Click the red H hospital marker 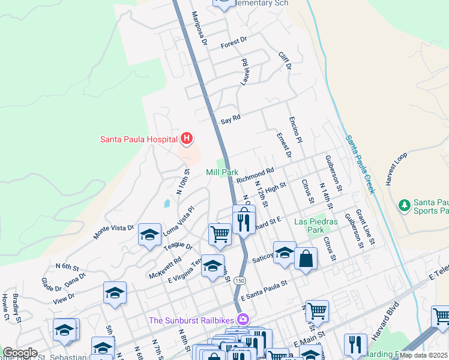pos(187,139)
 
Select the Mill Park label pos(222,172)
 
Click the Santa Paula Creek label pos(360,164)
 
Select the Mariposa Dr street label pos(199,29)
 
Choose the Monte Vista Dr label pos(113,231)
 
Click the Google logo pos(20,353)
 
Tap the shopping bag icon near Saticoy pos(306,259)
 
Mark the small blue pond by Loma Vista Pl pos(166,203)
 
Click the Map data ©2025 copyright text pos(424,355)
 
